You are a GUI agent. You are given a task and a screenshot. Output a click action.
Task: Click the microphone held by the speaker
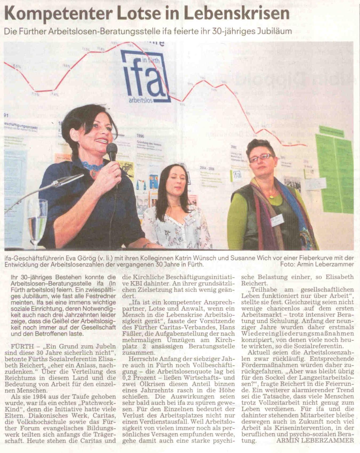coord(112,152)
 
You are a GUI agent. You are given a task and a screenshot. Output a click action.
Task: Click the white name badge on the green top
coord(277,220)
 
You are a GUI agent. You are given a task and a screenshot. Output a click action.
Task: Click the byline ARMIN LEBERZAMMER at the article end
coord(315,440)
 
